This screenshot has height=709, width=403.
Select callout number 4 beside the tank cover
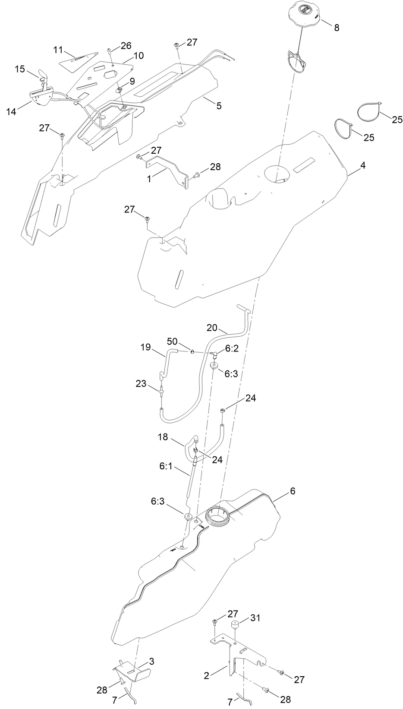click(x=363, y=166)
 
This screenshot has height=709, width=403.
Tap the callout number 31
click(x=255, y=618)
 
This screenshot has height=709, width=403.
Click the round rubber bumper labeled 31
click(x=235, y=626)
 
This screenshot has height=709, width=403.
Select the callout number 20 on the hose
click(x=212, y=328)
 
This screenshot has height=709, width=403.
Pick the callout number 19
click(x=146, y=347)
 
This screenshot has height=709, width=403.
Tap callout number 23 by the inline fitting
click(x=141, y=383)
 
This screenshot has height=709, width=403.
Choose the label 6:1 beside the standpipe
click(x=166, y=467)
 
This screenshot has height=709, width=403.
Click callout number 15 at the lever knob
click(x=20, y=69)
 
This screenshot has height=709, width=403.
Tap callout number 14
click(x=11, y=111)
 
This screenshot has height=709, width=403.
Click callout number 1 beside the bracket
click(x=149, y=179)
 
